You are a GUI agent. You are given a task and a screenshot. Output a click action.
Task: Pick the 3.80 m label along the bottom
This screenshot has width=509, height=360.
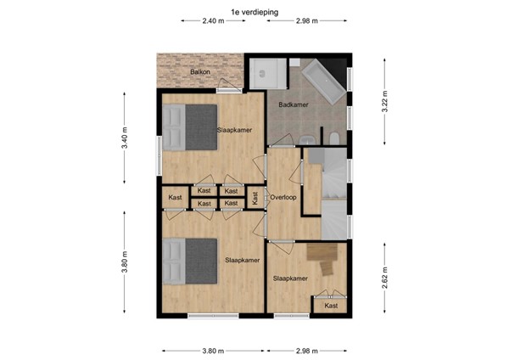tap(213, 350)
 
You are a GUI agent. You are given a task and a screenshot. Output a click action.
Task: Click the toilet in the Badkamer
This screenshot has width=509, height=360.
tap(333, 138)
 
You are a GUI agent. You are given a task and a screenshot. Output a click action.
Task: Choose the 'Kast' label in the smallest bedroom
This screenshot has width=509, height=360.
tap(331, 306)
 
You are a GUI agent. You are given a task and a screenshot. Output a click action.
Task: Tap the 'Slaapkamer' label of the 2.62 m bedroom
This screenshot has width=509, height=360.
tap(289, 278)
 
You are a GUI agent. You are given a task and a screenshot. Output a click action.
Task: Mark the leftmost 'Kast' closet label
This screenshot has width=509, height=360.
tap(176, 198)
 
